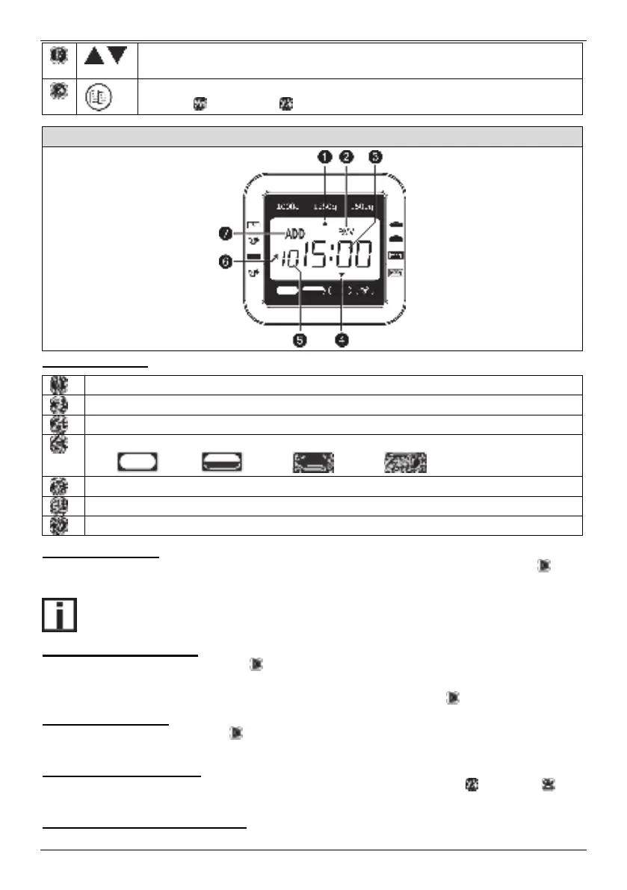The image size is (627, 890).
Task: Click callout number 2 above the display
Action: click(345, 157)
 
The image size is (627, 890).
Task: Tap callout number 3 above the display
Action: click(375, 157)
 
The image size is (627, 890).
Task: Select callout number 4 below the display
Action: click(342, 340)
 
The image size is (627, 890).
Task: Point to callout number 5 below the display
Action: click(298, 340)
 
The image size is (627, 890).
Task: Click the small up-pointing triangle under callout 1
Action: click(325, 223)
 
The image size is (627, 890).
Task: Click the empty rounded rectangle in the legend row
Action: click(136, 460)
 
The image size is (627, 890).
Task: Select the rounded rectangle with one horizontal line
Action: click(220, 460)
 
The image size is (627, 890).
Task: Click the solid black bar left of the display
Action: click(253, 256)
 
